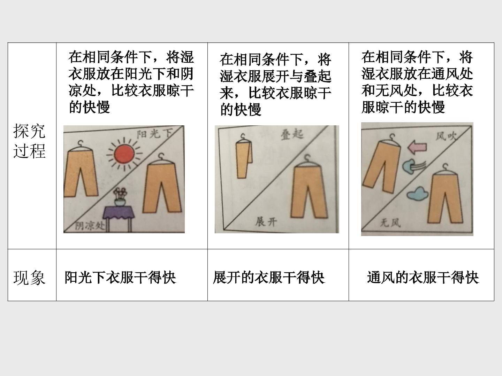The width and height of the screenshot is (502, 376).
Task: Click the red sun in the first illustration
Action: (124, 154)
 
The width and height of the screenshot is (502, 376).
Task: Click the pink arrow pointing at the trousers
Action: (417, 147)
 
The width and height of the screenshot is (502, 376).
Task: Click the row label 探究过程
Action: (29, 141)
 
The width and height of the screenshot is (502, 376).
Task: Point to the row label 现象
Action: (29, 277)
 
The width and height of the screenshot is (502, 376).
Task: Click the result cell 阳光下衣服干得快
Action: (120, 277)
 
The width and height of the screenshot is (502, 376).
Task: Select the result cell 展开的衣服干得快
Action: (269, 277)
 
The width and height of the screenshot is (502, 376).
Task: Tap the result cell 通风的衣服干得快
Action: (423, 277)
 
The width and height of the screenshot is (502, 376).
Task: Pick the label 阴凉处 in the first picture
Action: (90, 226)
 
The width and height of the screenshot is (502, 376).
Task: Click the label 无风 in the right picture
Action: (390, 222)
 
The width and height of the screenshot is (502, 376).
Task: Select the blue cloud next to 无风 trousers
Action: (417, 194)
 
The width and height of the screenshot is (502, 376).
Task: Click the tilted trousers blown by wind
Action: (381, 167)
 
